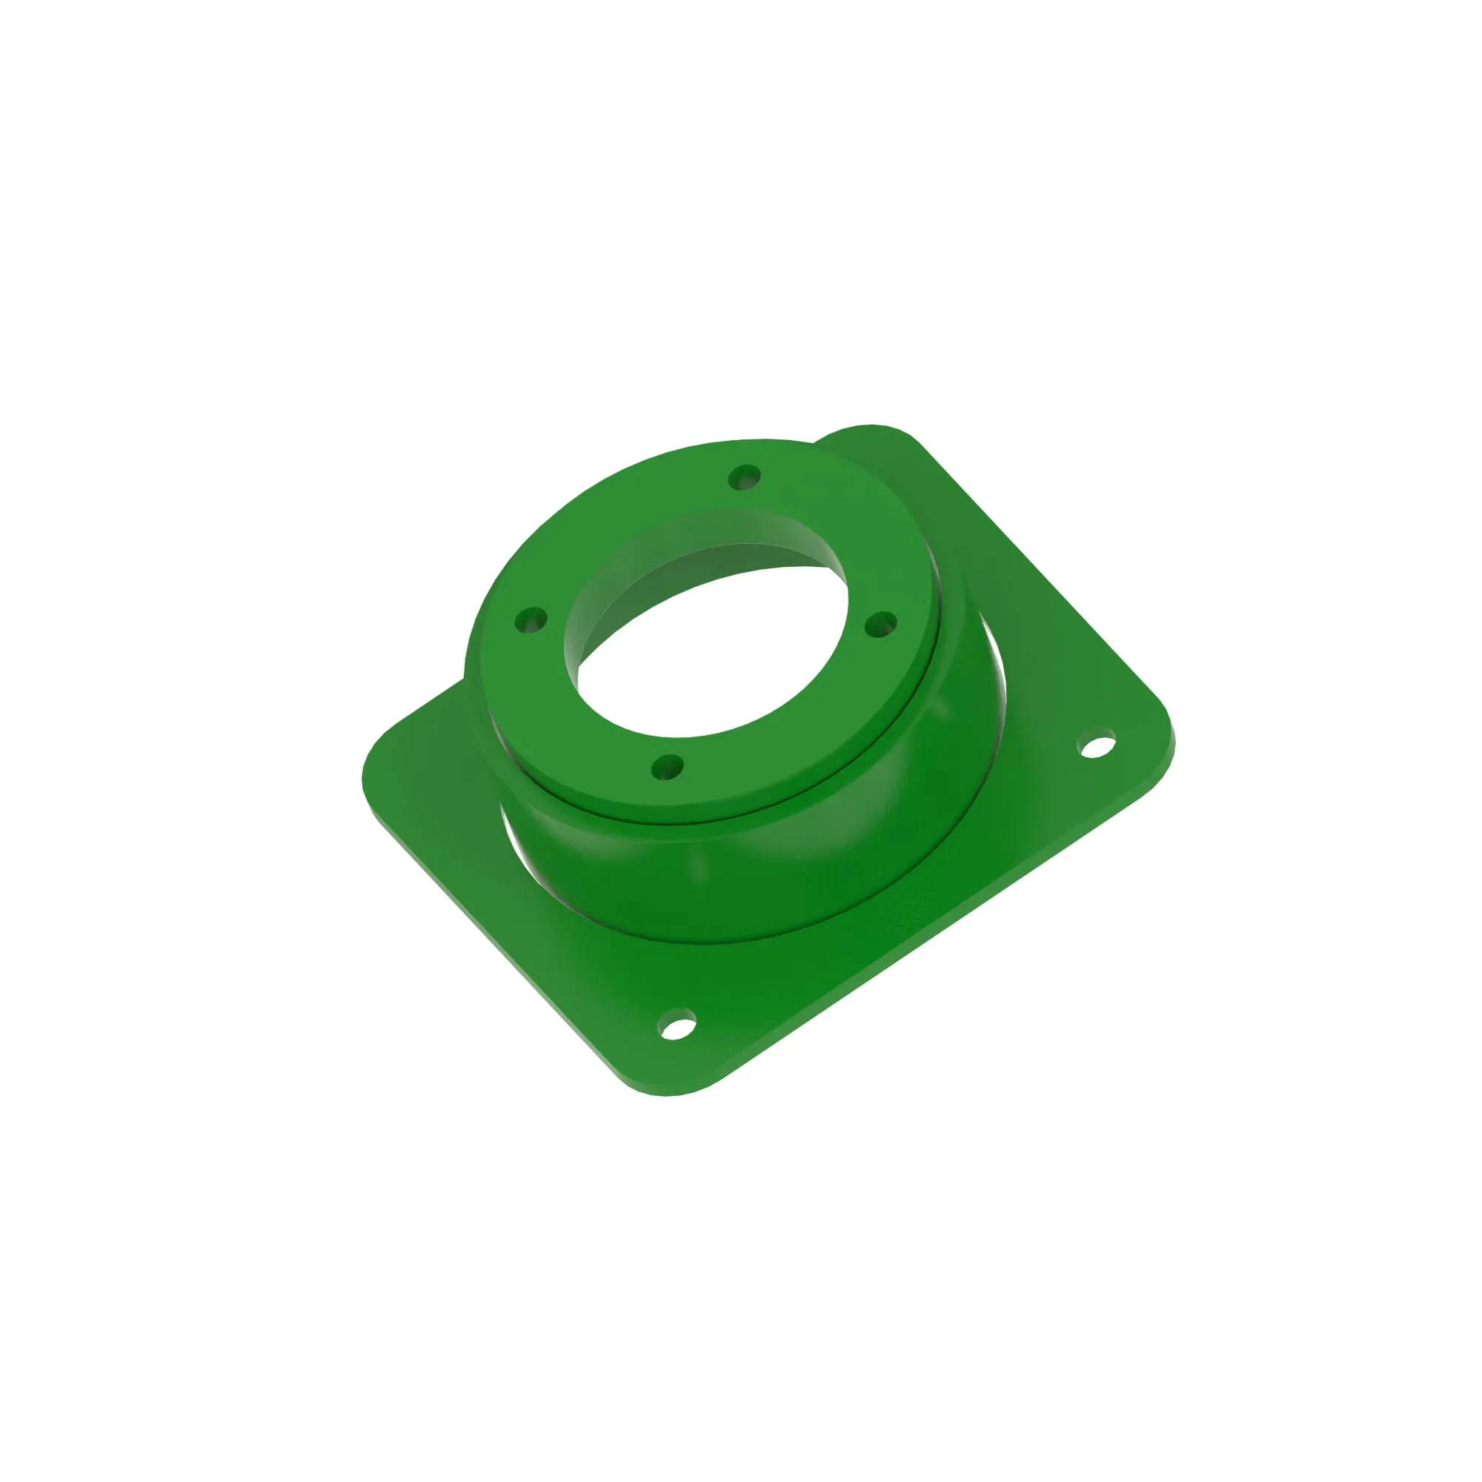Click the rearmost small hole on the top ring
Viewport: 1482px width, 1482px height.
744,477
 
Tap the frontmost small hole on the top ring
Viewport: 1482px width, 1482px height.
668,766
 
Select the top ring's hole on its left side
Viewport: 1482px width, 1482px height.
531,619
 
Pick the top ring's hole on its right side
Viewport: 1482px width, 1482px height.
880,625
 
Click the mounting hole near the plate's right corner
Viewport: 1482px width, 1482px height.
1097,745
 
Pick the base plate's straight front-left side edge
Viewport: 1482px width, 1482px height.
499,943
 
